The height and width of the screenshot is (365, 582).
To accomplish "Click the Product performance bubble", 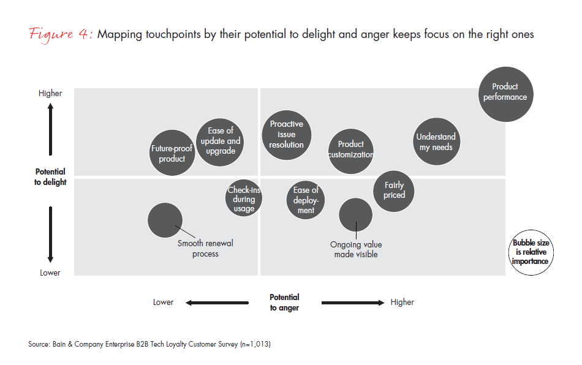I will [505, 92].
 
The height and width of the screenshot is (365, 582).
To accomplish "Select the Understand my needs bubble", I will [436, 142].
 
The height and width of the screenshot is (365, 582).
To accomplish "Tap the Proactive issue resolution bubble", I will [287, 135].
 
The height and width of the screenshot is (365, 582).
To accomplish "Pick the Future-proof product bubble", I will [172, 153].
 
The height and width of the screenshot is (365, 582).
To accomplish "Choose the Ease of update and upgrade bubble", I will [220, 141].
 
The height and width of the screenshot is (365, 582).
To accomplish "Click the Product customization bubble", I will [350, 149].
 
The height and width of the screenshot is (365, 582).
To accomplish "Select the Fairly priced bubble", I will [394, 190].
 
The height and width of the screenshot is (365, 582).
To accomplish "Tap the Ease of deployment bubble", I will [305, 200].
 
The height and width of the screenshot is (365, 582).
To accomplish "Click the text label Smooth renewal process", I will [205, 248].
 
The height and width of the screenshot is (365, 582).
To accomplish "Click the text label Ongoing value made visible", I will [356, 249].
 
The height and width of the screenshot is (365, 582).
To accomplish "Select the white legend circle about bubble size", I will [530, 252].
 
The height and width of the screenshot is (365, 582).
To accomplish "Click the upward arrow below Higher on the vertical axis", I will [51, 130].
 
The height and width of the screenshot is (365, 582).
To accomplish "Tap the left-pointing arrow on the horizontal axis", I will [217, 302].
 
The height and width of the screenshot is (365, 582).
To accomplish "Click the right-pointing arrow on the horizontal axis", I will [352, 302].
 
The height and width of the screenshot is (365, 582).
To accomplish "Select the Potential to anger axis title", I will [285, 303].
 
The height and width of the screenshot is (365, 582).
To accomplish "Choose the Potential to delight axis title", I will [50, 177].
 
